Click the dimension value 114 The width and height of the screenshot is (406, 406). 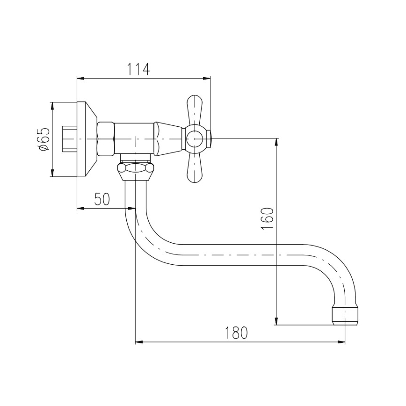click(x=138, y=69)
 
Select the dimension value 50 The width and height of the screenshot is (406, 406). click(x=102, y=199)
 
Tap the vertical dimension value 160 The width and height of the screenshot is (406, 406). click(x=267, y=218)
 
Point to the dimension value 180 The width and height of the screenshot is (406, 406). click(x=236, y=333)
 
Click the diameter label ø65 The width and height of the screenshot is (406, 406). click(x=43, y=139)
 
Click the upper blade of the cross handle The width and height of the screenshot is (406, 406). click(x=194, y=111)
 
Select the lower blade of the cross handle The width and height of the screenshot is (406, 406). click(x=194, y=167)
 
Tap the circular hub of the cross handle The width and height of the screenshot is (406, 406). click(x=195, y=139)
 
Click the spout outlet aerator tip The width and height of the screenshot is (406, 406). click(x=345, y=316)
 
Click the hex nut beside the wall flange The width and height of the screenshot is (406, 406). click(x=106, y=139)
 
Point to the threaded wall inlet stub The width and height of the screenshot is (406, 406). click(x=69, y=139)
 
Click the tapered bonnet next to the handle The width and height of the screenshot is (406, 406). click(x=167, y=139)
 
